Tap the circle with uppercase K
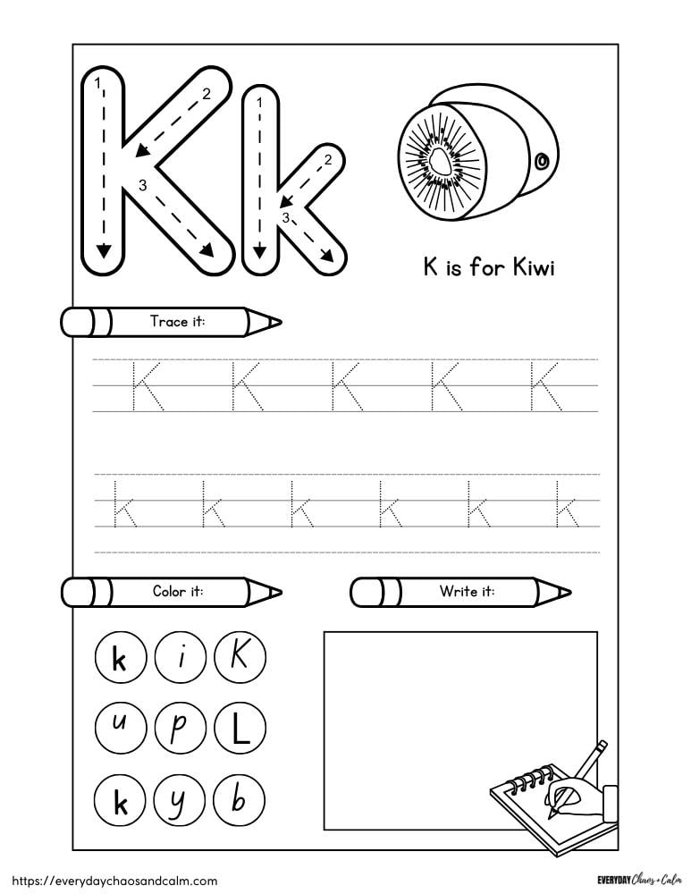tap(238, 659)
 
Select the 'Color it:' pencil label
tap(177, 591)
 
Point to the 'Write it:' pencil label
tap(467, 591)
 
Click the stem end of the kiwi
tap(541, 162)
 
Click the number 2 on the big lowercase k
tap(327, 160)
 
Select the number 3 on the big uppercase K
tap(141, 185)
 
